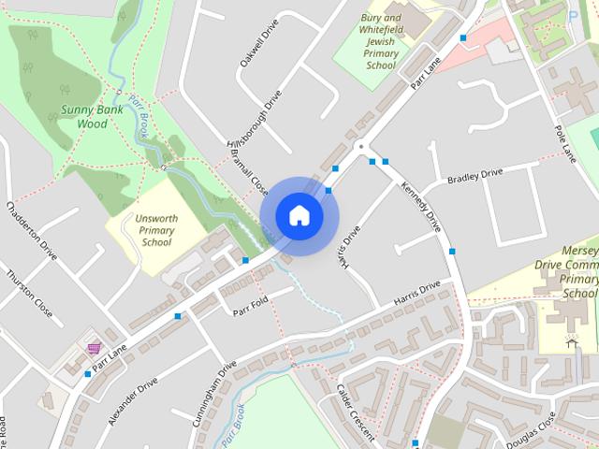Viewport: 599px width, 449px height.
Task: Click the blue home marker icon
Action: [x=299, y=215]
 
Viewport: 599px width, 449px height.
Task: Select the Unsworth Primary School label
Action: [x=156, y=228]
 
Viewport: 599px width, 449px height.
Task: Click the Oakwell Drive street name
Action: [x=259, y=42]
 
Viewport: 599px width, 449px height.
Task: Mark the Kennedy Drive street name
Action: [x=421, y=207]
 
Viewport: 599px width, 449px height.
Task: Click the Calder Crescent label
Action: [x=355, y=413]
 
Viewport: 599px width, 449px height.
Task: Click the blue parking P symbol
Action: [x=573, y=14]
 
